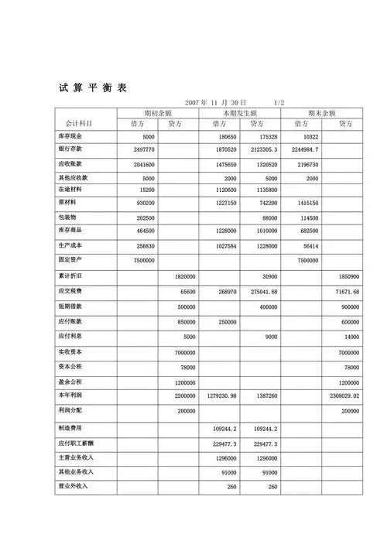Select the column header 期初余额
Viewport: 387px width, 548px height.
(x=158, y=113)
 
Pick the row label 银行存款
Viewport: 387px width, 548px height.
(x=71, y=149)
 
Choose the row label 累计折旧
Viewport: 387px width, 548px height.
(x=71, y=276)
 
